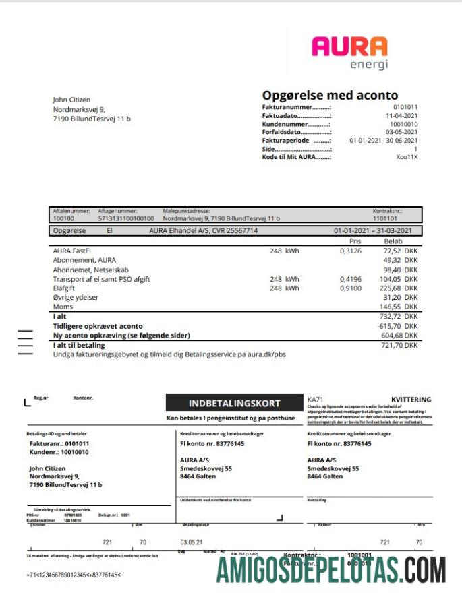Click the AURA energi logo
coord(349,53)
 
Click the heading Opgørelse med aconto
coord(330,96)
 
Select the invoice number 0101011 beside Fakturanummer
coord(405,107)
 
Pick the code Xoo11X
coord(407,157)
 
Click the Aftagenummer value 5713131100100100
coord(126,218)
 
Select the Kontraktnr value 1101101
coord(385,218)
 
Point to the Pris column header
coord(355,241)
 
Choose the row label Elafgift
coord(65,288)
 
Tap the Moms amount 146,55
coord(391,307)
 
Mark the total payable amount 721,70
coord(391,345)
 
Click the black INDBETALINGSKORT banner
coord(233,404)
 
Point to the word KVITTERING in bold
coord(411,400)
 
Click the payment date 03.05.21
coord(192,542)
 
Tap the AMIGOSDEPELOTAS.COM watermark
coord(331,570)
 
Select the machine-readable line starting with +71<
coord(74,575)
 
